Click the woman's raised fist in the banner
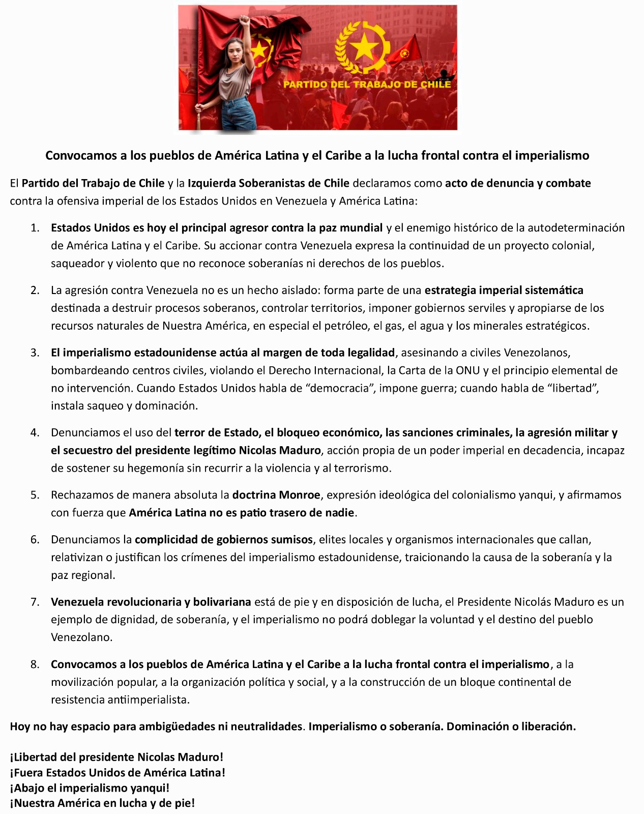[246, 21]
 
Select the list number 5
[35, 495]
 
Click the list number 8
[35, 664]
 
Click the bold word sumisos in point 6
[292, 539]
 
